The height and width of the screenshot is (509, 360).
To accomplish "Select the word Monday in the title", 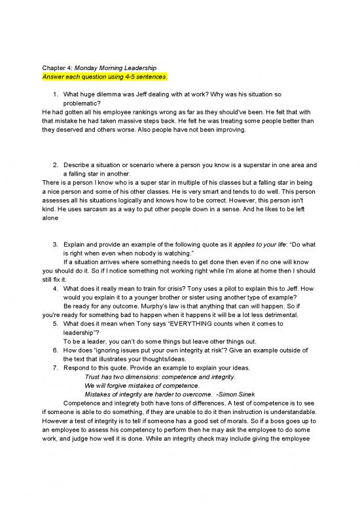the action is coord(90,67).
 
